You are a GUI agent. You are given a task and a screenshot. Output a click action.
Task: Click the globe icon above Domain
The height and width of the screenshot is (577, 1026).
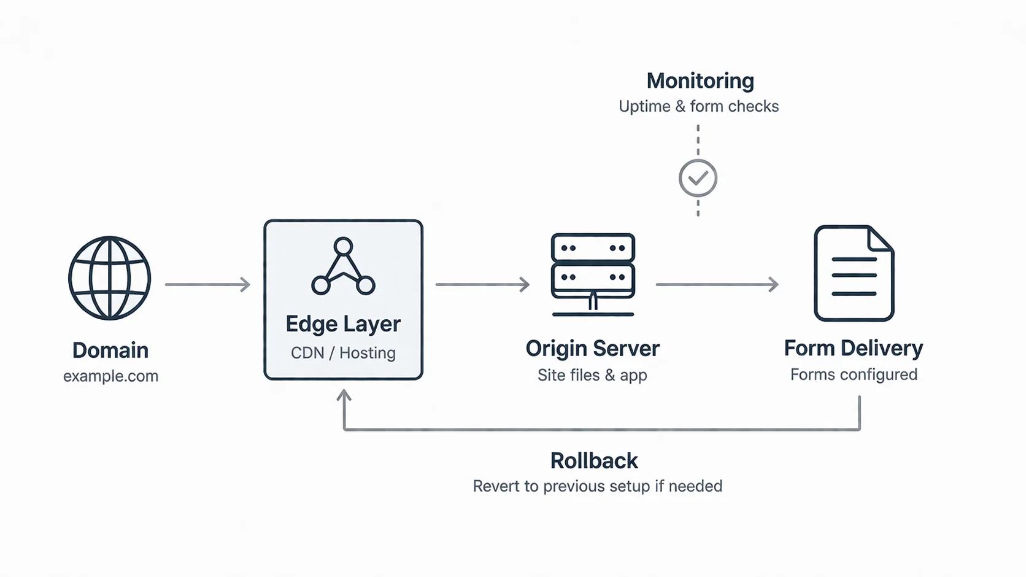coord(109,277)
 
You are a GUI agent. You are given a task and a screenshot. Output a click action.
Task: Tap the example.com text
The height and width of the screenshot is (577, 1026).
coord(111,376)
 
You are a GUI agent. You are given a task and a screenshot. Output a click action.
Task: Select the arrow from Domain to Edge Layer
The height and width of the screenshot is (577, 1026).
coord(207,285)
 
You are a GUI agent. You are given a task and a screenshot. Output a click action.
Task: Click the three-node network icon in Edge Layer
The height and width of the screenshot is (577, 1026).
coord(343,266)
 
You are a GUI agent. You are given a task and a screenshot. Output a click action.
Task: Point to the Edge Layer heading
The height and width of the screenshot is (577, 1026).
coord(343,324)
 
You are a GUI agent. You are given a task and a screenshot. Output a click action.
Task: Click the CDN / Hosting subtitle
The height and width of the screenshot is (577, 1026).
coord(343,353)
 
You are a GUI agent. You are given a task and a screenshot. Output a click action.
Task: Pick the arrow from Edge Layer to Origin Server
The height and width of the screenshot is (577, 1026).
coord(483,285)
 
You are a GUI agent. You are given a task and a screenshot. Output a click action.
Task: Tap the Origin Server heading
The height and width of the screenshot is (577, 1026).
coord(593,348)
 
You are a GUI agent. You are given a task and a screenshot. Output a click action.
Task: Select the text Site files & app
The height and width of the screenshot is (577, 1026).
coord(592,375)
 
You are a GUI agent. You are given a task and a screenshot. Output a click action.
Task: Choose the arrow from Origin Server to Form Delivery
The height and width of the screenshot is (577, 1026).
coord(717,285)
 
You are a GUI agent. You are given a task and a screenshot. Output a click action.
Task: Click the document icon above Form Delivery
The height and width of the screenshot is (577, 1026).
coord(854,273)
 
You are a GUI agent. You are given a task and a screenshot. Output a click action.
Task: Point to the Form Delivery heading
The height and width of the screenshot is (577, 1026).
coord(854,348)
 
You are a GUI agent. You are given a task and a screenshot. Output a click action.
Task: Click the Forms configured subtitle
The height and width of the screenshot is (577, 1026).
coord(854,374)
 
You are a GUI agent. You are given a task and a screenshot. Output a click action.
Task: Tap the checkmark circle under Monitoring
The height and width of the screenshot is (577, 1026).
coord(698,178)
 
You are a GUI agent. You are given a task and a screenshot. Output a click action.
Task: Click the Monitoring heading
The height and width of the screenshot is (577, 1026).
coord(700,80)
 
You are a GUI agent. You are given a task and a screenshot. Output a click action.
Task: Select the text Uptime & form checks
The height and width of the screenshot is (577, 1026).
coord(699,106)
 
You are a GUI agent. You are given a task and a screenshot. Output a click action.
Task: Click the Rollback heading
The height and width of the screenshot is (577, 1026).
coord(594,460)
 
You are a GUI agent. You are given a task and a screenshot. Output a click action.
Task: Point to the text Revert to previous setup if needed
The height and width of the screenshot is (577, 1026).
coord(598,486)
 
